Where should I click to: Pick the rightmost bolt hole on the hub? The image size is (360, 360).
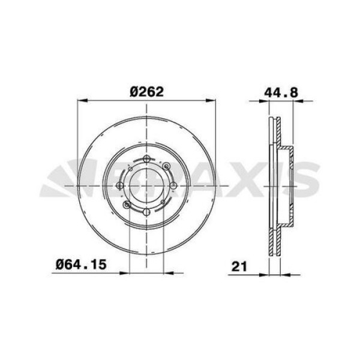pyautogui.click(x=173, y=185)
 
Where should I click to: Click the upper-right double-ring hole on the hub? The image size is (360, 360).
pyautogui.click(x=166, y=166)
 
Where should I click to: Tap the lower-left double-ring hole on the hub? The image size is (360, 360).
pyautogui.click(x=127, y=205)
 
